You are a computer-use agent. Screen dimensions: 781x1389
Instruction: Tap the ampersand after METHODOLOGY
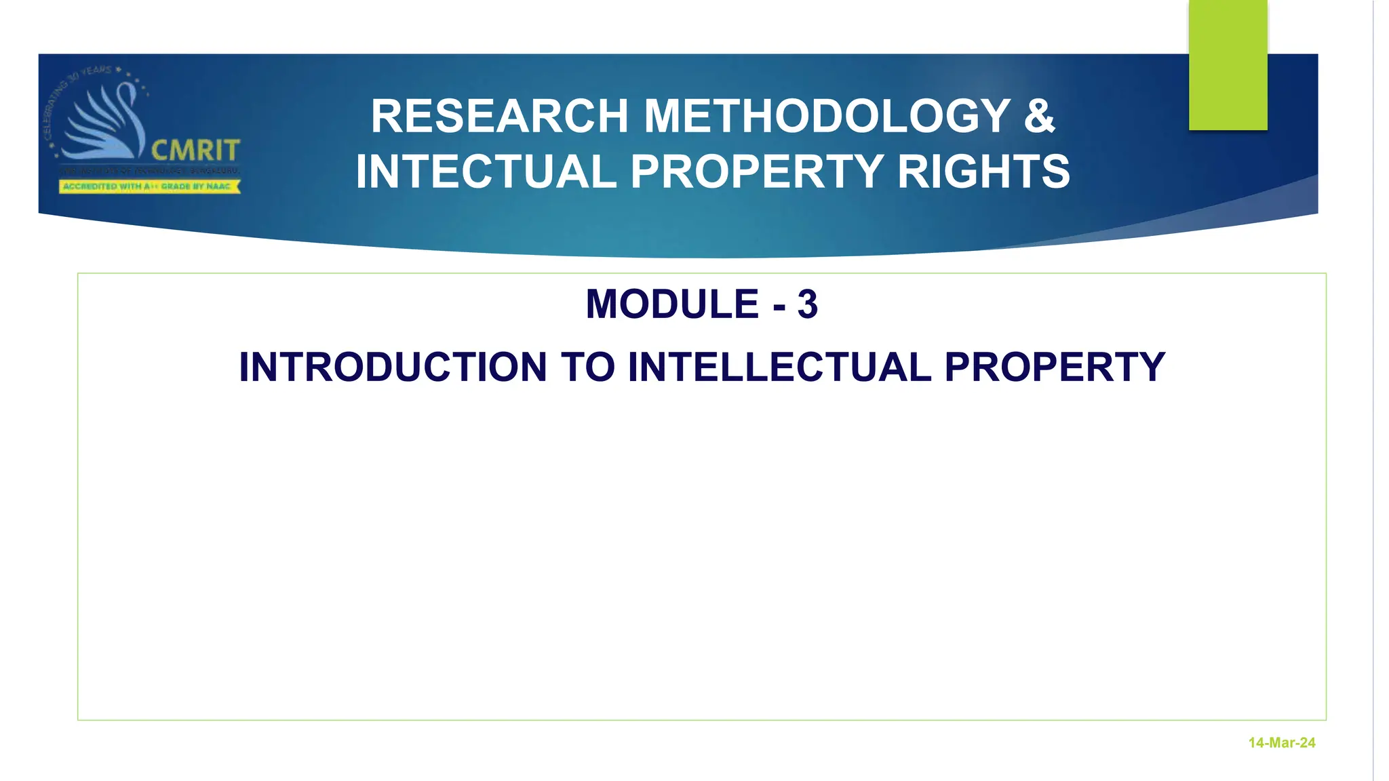[1039, 117]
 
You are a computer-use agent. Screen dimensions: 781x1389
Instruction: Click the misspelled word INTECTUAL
[485, 172]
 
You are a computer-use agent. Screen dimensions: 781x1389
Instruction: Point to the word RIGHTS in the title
[983, 172]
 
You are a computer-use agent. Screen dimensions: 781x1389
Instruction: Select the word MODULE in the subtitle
[671, 304]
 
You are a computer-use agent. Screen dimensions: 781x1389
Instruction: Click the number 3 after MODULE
[807, 304]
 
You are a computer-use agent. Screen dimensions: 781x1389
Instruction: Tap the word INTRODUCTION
[393, 367]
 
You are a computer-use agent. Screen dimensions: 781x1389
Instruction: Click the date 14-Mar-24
[1281, 743]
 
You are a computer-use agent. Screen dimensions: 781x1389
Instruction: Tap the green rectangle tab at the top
[1228, 65]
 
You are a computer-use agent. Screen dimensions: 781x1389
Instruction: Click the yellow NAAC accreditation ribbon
[149, 186]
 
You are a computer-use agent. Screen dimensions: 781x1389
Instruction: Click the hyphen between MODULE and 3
[779, 307]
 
